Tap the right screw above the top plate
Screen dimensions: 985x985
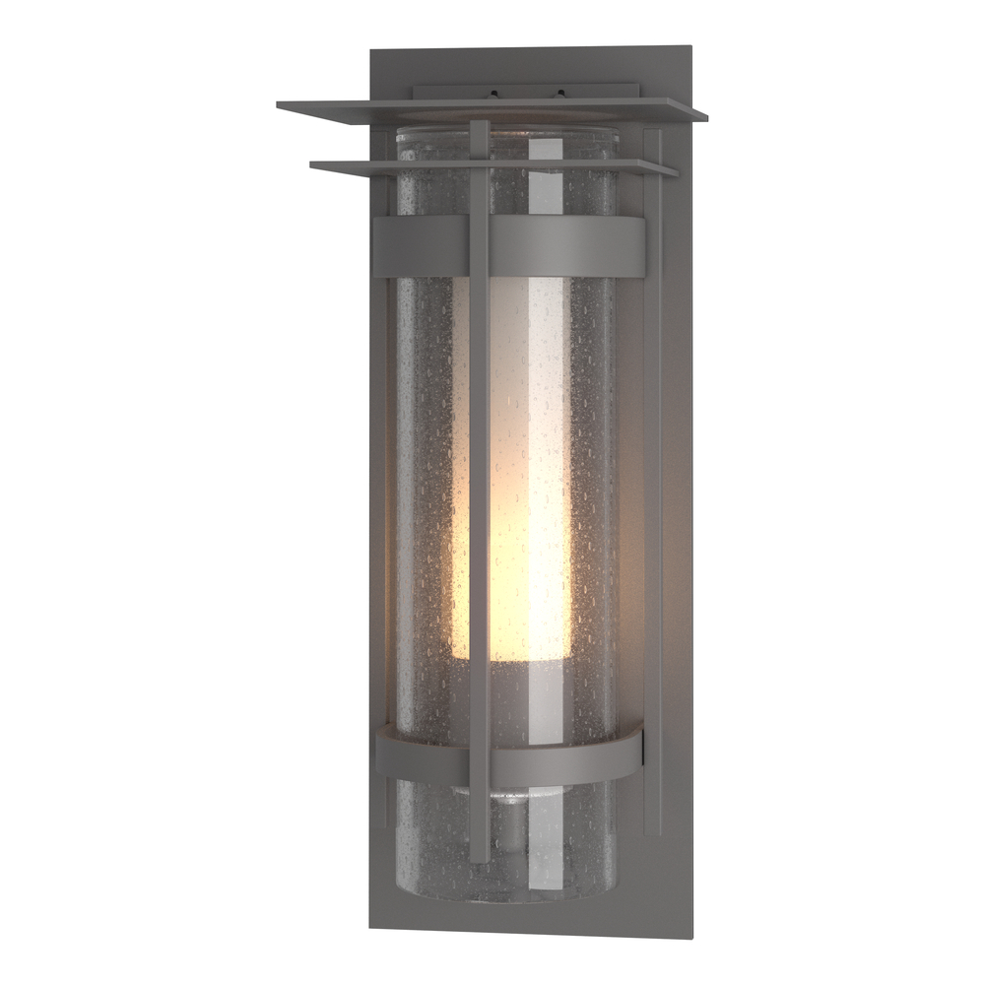561,95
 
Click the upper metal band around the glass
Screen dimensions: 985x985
561,246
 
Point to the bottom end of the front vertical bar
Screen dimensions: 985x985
479,859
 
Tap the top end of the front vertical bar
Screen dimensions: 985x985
479,124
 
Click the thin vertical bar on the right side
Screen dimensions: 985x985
651,492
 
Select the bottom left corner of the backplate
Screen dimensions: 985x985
371,928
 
